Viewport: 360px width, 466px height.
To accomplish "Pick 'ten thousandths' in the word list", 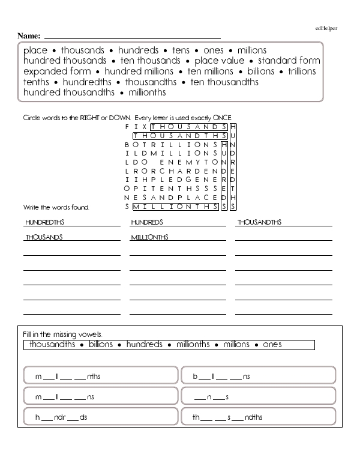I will pos(224,82).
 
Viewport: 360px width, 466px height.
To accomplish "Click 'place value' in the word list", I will pos(220,61).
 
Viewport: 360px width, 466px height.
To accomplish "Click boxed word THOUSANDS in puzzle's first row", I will pos(189,127).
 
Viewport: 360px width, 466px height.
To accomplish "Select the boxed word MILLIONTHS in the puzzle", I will pos(176,207).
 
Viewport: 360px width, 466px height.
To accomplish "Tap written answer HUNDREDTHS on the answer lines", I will pos(45,222).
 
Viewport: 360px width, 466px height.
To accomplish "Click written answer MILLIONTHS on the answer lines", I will pos(149,237).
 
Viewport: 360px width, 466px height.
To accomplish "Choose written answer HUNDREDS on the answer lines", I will pos(147,222).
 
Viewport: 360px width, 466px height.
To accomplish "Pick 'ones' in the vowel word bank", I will pos(272,345).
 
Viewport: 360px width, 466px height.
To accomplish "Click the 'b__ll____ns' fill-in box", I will pos(258,377).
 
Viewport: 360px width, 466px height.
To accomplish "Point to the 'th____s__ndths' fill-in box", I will pos(258,417).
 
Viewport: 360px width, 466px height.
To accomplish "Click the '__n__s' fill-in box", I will pos(258,397).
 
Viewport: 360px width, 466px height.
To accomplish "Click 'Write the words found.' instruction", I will pos(56,207).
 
